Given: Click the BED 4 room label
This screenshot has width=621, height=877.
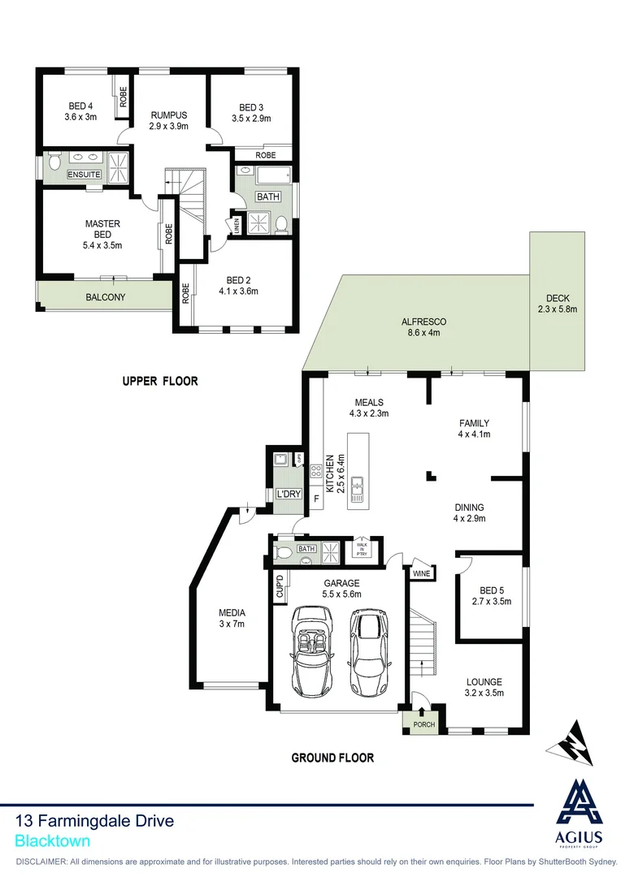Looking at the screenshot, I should (x=81, y=106).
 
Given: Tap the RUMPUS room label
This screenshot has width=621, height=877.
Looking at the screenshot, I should (x=168, y=114).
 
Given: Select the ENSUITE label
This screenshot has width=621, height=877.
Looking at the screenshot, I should (x=85, y=175).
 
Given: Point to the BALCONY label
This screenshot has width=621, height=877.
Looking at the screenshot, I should (x=106, y=297).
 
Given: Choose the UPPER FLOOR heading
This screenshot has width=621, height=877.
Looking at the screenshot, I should (x=159, y=381).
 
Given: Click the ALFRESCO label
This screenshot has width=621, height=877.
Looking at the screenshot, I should (x=423, y=322).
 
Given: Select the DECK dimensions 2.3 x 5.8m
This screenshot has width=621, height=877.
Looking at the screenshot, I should (x=557, y=309).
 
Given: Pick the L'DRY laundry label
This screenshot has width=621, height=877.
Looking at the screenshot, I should (x=288, y=494).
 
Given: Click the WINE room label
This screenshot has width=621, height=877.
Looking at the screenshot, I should (x=422, y=573).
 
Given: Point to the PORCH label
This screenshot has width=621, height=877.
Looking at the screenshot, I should (x=423, y=724).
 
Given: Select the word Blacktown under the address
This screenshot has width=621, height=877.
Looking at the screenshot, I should (x=53, y=841).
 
